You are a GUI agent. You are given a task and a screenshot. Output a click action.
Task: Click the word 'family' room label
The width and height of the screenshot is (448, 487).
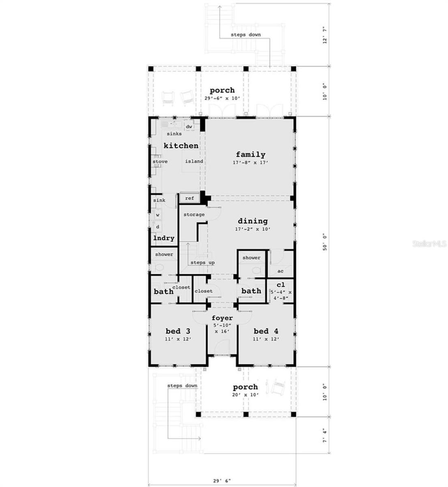point(250,154)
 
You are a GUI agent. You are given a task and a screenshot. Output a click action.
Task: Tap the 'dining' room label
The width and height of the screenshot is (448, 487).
point(252,221)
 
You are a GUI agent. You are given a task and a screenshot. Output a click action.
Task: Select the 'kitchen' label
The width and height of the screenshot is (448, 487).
point(181,145)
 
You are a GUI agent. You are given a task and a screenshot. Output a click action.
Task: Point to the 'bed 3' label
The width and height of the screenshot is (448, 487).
point(178,331)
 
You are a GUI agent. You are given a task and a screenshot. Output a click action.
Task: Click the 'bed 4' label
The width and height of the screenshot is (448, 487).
point(266,331)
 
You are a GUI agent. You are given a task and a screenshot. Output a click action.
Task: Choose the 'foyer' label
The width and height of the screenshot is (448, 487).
point(222,318)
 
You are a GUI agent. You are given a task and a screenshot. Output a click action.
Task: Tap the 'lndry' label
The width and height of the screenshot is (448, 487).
point(164,238)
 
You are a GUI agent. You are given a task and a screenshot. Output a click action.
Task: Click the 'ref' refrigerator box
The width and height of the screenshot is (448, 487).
point(190,198)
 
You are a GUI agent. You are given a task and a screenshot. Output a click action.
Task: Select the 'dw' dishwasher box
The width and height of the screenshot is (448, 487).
point(189,127)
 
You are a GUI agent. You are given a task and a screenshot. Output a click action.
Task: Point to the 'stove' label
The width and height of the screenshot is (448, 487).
point(160,162)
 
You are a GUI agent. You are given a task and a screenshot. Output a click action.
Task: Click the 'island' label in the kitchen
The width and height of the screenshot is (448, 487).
point(194,162)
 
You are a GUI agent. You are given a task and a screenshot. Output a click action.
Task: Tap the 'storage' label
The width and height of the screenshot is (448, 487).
point(194,214)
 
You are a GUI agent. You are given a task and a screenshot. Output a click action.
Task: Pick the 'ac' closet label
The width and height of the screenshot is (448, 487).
point(280,271)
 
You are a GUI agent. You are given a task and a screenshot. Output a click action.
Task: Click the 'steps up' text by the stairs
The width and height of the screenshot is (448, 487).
point(202,263)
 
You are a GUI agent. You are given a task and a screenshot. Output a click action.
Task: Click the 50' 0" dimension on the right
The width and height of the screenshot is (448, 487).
point(325,243)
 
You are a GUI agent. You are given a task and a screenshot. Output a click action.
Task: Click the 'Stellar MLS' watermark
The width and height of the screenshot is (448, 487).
point(430,244)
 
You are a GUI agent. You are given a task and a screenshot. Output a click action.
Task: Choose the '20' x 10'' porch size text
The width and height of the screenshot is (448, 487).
point(245,394)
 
